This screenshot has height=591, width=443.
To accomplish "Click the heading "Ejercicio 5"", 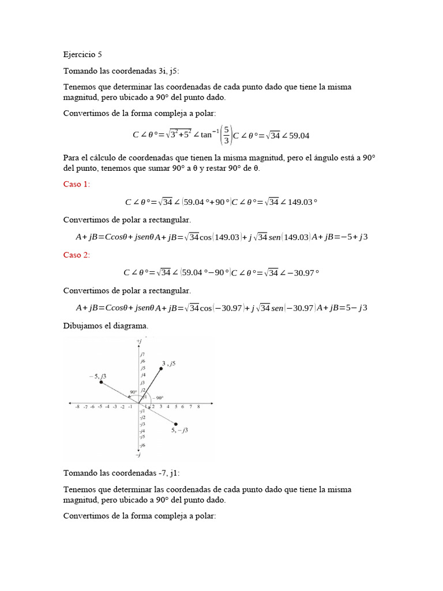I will click(x=82, y=55).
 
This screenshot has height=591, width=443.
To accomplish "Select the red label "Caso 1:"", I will click(x=77, y=184).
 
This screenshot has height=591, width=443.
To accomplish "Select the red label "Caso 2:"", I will click(x=77, y=255).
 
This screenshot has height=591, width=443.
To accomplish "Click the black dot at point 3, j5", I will click(x=161, y=368).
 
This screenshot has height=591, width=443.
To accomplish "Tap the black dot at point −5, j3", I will click(x=101, y=382).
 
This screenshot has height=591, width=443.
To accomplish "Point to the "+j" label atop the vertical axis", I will click(x=139, y=342).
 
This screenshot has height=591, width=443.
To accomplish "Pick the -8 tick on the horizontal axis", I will click(x=77, y=407).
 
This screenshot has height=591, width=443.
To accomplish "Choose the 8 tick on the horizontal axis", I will click(x=198, y=407).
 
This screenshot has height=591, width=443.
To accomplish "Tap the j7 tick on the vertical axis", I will click(x=142, y=353).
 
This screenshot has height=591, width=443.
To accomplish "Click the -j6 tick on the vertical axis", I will click(x=142, y=445).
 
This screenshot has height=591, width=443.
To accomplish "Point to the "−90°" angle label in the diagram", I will click(x=157, y=398).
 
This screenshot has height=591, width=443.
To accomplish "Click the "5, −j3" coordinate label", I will click(x=179, y=431).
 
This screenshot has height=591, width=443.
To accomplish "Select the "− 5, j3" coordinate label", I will click(x=97, y=376).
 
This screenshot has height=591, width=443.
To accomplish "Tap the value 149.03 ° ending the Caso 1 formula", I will click(x=302, y=202).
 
